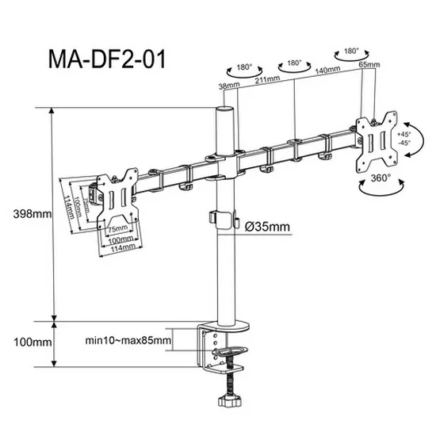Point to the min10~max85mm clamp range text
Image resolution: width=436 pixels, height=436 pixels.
[128, 341]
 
